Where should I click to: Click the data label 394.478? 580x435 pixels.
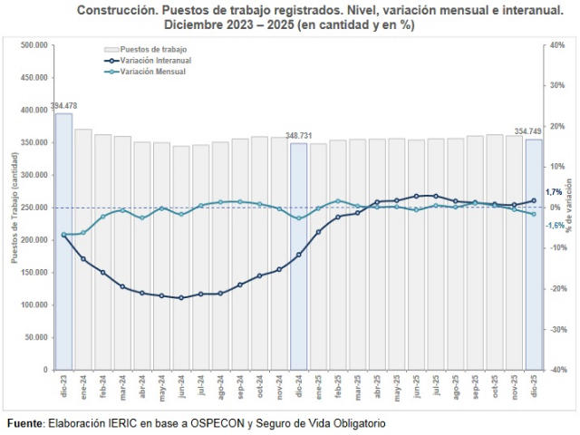click(x=63, y=106)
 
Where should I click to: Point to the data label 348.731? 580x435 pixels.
click(x=298, y=135)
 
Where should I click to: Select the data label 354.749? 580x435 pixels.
click(x=527, y=131)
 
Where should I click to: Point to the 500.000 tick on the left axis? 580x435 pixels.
click(x=34, y=45)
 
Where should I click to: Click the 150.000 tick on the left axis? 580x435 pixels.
click(x=34, y=272)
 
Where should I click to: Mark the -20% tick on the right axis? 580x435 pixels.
click(x=558, y=289)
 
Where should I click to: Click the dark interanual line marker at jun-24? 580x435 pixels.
click(x=181, y=297)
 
